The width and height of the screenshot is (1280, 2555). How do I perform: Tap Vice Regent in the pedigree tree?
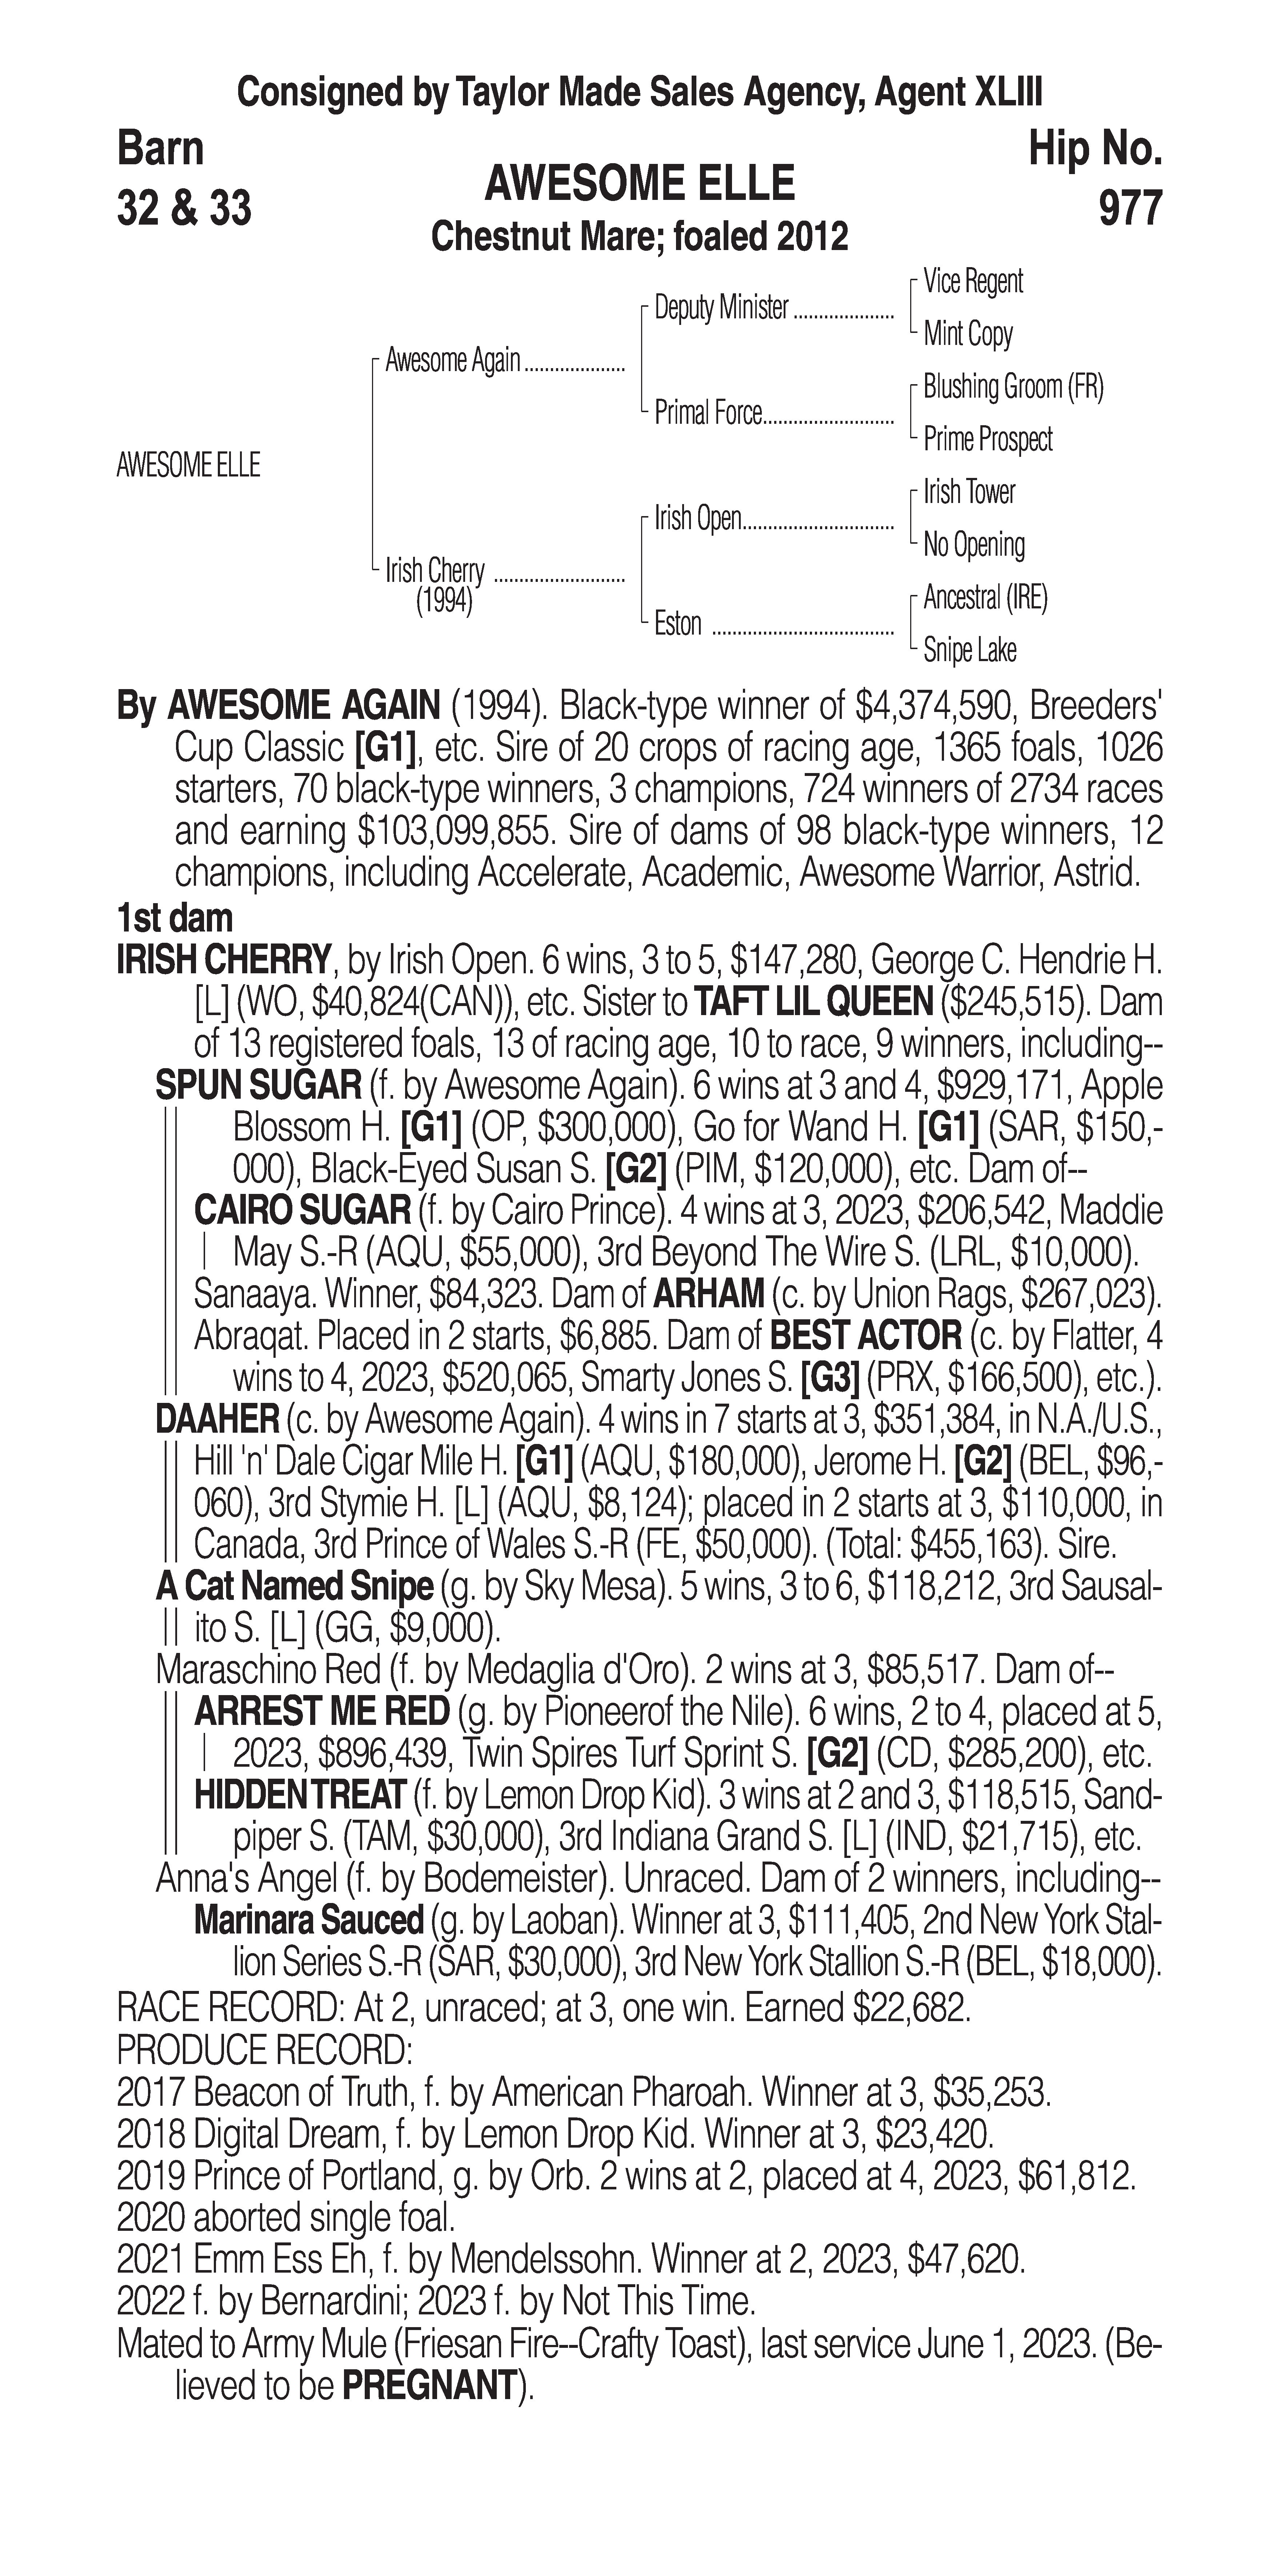pyautogui.click(x=972, y=282)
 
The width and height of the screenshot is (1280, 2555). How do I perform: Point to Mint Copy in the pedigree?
pyautogui.click(x=967, y=334)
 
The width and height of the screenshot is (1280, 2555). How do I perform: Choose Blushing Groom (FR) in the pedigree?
pyautogui.click(x=1012, y=387)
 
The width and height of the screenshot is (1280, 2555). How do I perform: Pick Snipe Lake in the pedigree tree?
pyautogui.click(x=969, y=651)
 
